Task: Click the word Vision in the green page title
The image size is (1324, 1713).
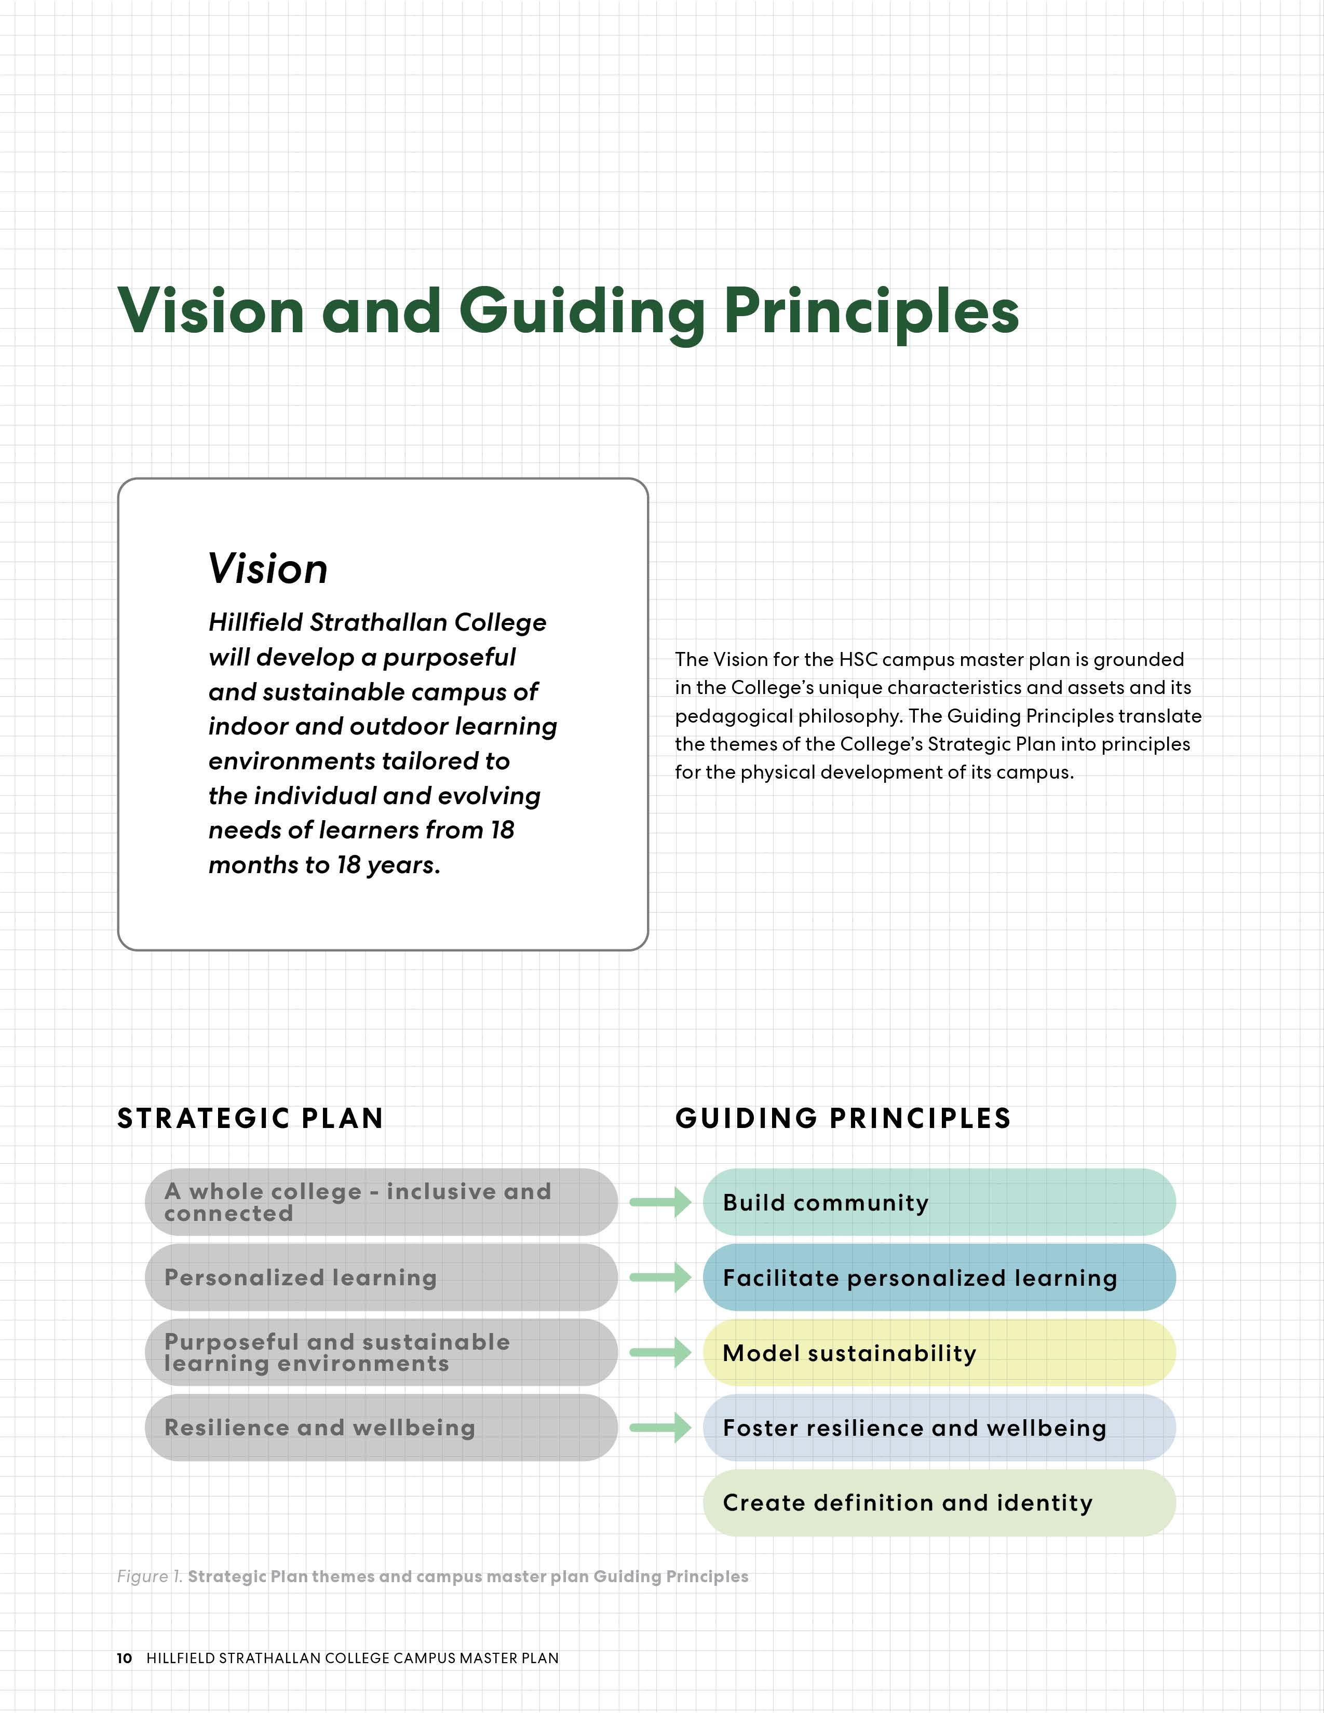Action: click(x=210, y=311)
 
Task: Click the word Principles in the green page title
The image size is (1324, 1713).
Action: click(x=871, y=311)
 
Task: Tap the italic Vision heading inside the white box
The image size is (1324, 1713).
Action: click(x=267, y=568)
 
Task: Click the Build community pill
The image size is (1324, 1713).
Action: click(x=939, y=1202)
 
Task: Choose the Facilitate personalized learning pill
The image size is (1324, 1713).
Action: click(x=939, y=1277)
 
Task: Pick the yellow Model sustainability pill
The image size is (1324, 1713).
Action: click(x=939, y=1353)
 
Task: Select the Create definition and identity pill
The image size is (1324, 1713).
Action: click(x=939, y=1503)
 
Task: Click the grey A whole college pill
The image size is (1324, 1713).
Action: click(x=381, y=1202)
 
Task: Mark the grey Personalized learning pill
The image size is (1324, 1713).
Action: click(x=381, y=1277)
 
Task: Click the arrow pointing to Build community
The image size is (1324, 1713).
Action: click(x=660, y=1202)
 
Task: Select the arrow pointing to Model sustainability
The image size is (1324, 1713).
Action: click(x=660, y=1353)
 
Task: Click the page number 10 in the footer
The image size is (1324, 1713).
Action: click(x=124, y=1658)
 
